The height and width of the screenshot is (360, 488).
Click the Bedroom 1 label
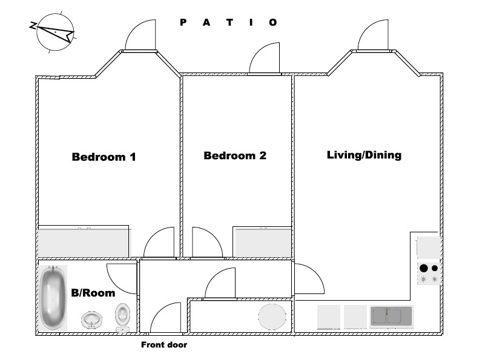click(x=104, y=157)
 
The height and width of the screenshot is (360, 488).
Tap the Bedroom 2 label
click(x=235, y=155)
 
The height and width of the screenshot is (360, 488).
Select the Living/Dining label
click(x=364, y=155)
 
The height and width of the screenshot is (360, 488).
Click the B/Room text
click(x=93, y=293)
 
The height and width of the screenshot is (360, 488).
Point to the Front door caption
click(x=164, y=345)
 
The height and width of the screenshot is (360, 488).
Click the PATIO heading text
click(x=229, y=22)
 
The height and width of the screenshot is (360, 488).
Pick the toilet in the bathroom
click(x=122, y=315)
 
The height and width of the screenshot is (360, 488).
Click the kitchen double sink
click(x=391, y=316)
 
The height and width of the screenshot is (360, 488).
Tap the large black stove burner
click(x=424, y=268)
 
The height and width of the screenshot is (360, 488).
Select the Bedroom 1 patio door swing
click(x=140, y=36)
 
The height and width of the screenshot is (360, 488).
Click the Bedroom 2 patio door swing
click(x=265, y=60)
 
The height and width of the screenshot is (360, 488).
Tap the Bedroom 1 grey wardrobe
click(x=84, y=242)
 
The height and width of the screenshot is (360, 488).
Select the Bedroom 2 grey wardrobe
click(x=263, y=242)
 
